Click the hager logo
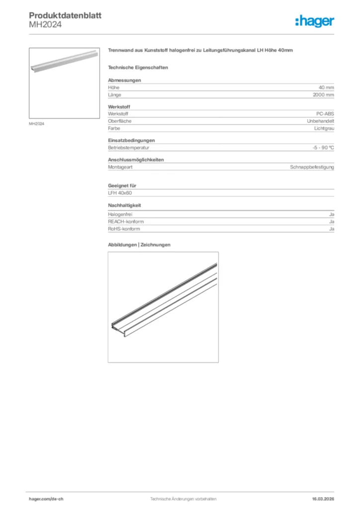pyautogui.click(x=314, y=21)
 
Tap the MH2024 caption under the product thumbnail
pyautogui.click(x=36, y=124)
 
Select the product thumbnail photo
pyautogui.click(x=64, y=83)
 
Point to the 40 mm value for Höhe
pyautogui.click(x=326, y=87)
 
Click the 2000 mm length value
pyautogui.click(x=323, y=94)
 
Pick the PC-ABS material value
pyautogui.click(x=325, y=114)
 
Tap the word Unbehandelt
pyautogui.click(x=320, y=121)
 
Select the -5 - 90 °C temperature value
pyautogui.click(x=320, y=148)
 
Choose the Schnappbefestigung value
pyautogui.click(x=312, y=167)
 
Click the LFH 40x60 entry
pyautogui.click(x=120, y=193)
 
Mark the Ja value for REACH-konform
pyautogui.click(x=331, y=222)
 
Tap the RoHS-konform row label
pyautogui.click(x=124, y=229)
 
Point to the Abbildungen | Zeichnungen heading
pyautogui.click(x=139, y=245)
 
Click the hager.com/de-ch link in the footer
pyautogui.click(x=46, y=499)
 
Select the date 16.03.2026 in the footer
pyautogui.click(x=323, y=499)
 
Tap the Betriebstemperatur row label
pyautogui.click(x=129, y=148)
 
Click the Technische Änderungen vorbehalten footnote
pyautogui.click(x=183, y=499)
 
